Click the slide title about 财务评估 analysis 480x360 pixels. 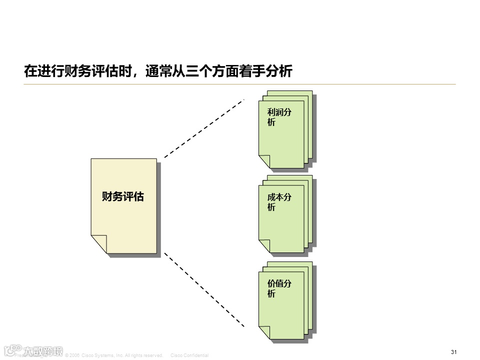click(158, 71)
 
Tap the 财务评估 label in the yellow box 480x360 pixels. click(122, 196)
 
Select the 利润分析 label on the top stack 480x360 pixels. click(279, 117)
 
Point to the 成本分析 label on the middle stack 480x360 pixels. click(279, 202)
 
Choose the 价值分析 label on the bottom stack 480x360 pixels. click(279, 288)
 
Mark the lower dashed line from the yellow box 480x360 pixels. click(204, 289)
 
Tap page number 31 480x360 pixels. click(454, 352)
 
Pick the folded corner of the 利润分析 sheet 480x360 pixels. click(263, 161)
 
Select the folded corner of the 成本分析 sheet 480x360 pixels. click(263, 246)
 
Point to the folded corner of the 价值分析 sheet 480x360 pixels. click(263, 332)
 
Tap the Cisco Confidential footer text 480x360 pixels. click(189, 355)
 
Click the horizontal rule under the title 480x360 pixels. click(240, 84)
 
